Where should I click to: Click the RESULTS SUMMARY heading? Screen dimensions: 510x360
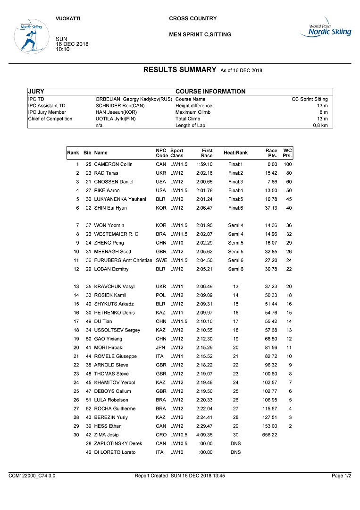tap(179, 70)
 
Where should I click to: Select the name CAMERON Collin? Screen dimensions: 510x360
tap(113, 164)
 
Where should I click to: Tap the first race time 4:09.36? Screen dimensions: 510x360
tap(204, 435)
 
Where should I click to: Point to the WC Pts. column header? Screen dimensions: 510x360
tap(287, 153)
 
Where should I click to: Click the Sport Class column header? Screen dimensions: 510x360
tap(177, 153)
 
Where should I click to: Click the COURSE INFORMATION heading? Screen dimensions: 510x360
tap(210, 92)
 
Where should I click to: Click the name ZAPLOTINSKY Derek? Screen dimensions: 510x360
tap(118, 444)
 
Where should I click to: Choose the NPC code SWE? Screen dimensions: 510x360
tap(161, 260)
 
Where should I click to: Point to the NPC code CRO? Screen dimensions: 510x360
tap(161, 435)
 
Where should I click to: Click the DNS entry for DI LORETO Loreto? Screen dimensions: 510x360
tap(235, 452)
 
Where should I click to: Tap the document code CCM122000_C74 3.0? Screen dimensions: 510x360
tap(32, 476)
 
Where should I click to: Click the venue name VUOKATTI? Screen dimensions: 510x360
tap(68, 18)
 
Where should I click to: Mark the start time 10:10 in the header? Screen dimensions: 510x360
tap(63, 49)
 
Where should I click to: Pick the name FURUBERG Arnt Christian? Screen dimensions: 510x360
tap(123, 260)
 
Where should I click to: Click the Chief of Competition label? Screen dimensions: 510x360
tap(50, 119)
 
